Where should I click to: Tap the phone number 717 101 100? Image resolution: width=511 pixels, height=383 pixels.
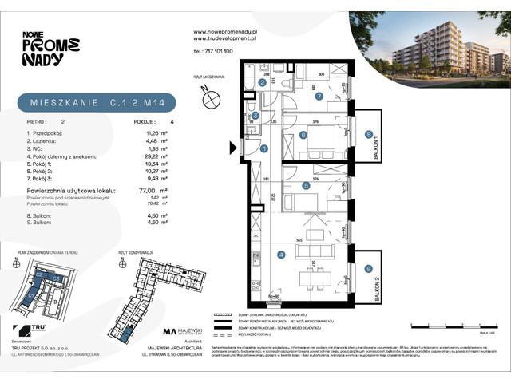coord(213,50)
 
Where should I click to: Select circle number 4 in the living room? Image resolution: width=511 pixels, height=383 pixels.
coord(280,255)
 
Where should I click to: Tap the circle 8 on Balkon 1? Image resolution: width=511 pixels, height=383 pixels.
coord(368,135)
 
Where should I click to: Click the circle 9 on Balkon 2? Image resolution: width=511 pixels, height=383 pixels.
coord(368,270)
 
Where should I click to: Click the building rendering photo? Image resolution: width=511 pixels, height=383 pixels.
coord(428,48)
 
